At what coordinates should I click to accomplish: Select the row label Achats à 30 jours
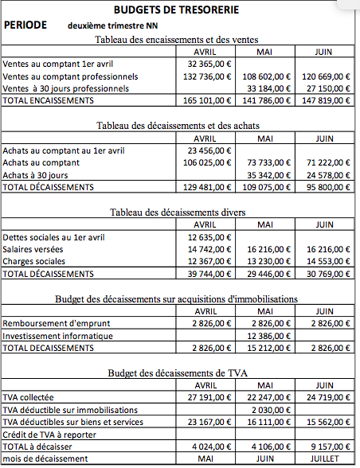[x=36, y=174]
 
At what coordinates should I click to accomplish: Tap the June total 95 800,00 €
[x=327, y=187]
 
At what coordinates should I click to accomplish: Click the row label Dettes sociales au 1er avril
[x=53, y=236]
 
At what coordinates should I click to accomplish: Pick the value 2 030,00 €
[x=269, y=409]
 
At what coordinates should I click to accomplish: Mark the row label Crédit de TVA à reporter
[x=49, y=435]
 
